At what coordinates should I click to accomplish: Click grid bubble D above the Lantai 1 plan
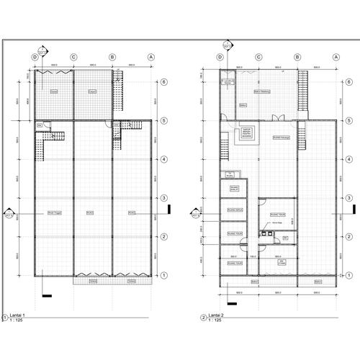34,56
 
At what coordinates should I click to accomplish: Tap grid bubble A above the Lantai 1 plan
151,56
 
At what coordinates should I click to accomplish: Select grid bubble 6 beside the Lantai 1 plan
165,82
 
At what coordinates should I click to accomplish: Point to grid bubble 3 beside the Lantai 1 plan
165,197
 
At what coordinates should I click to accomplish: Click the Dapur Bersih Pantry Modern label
246,134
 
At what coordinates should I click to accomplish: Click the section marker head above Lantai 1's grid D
42,50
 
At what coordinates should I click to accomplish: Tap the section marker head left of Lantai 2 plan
194,213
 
